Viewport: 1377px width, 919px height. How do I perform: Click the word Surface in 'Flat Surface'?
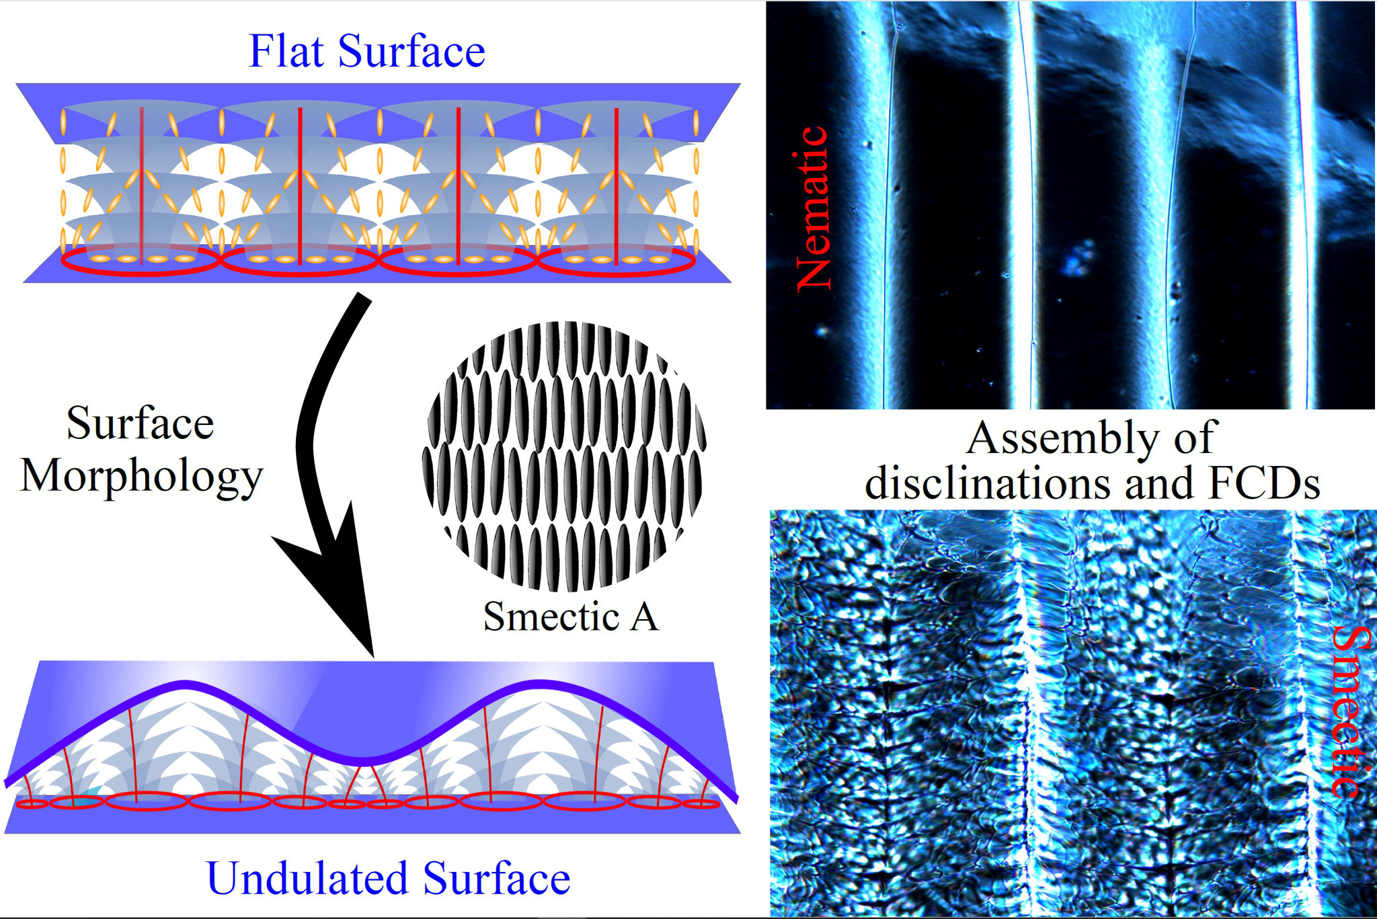(411, 51)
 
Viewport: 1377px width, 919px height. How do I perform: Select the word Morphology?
(141, 479)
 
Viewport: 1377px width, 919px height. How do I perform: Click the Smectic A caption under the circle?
(570, 616)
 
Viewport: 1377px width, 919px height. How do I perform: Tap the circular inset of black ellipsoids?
(565, 456)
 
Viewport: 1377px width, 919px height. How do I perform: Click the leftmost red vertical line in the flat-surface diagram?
(141, 185)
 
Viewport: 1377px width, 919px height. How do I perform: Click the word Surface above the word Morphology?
(140, 424)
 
